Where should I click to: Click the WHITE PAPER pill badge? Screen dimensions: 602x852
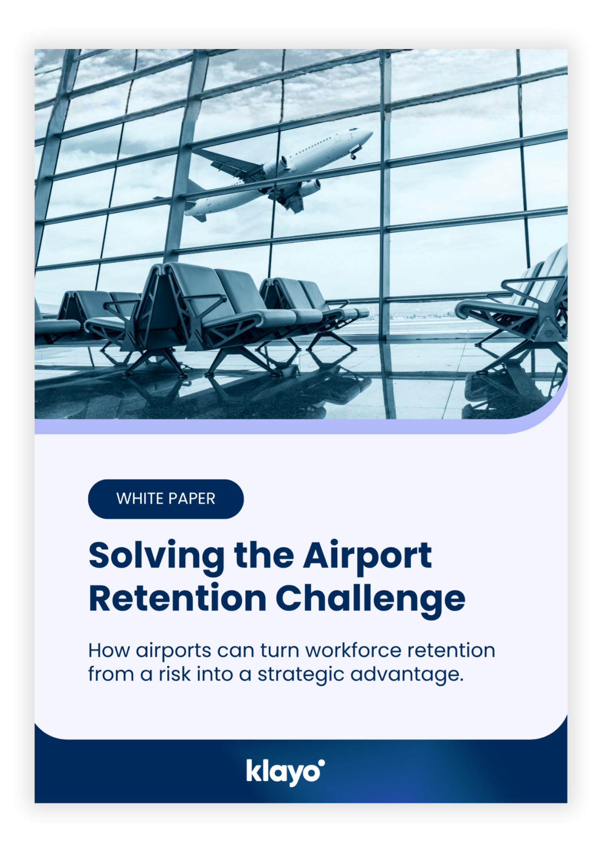pos(166,499)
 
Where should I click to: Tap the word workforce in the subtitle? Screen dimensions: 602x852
pos(353,651)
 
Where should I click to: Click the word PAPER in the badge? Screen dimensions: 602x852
pos(193,499)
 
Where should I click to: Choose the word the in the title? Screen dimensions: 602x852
pos(264,556)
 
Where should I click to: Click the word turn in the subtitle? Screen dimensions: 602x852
pos(281,651)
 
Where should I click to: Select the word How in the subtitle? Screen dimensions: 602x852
pos(109,651)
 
